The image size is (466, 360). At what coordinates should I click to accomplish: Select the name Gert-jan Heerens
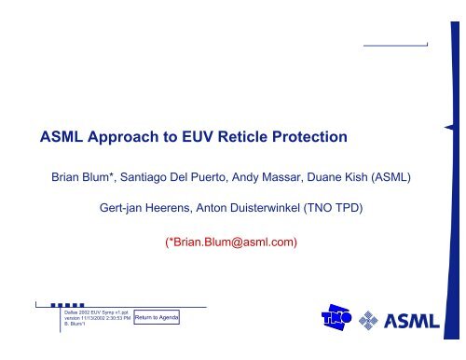click(x=152, y=210)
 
